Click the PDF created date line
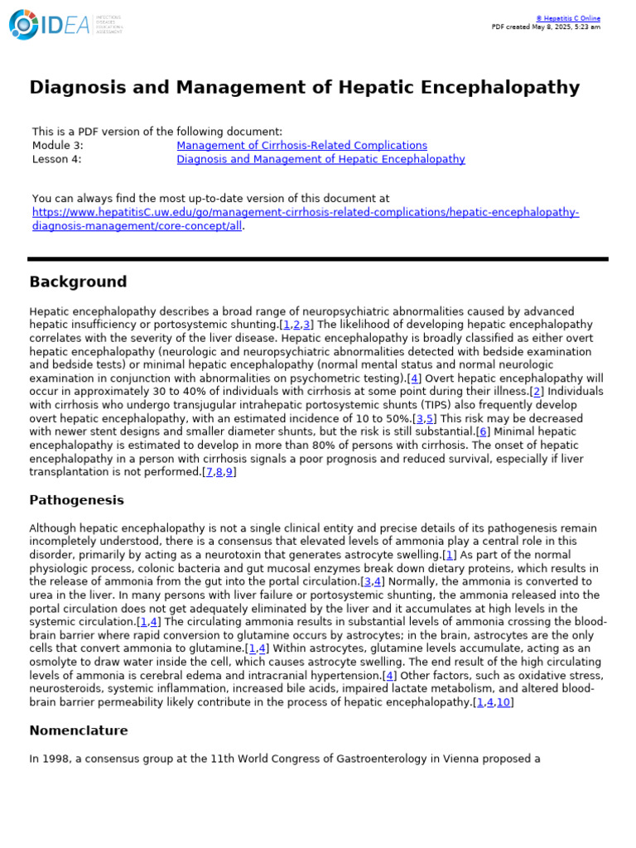point(546,26)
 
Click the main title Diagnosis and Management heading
point(304,88)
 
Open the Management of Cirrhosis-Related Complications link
point(301,146)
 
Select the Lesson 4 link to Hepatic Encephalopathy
point(320,159)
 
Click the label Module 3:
point(57,146)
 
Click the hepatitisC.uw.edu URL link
point(305,213)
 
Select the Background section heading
point(78,282)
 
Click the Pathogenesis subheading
point(76,500)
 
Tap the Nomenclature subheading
point(79,730)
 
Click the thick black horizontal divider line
point(318,259)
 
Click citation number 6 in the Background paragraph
point(483,431)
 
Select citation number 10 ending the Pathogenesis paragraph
point(503,702)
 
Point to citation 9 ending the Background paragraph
point(230,472)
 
